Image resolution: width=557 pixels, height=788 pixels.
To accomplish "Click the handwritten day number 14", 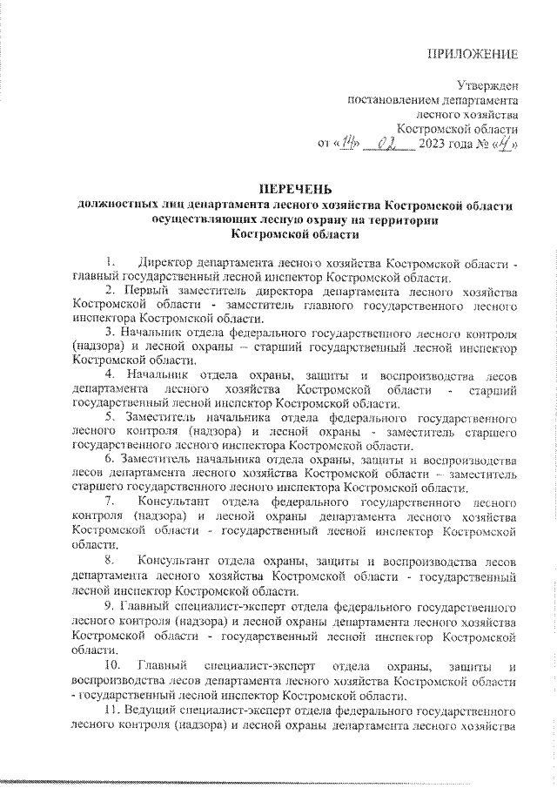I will pyautogui.click(x=348, y=144).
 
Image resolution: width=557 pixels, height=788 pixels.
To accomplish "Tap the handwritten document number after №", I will pyautogui.click(x=504, y=144).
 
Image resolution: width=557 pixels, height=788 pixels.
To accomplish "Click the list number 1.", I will pyautogui.click(x=108, y=262).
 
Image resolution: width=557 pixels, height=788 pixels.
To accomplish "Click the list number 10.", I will pyautogui.click(x=111, y=666).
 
